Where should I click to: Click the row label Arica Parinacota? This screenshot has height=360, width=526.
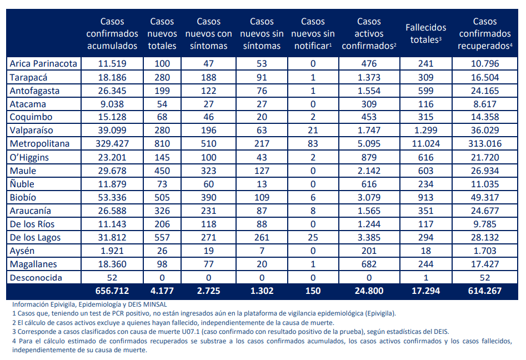[x=43, y=64]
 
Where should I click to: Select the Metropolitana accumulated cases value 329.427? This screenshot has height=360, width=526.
[x=112, y=144]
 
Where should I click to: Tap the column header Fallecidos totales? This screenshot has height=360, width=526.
[x=425, y=33]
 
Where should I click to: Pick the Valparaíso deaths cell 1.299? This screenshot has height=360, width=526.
[x=425, y=131]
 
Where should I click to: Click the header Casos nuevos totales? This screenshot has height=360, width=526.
[x=162, y=33]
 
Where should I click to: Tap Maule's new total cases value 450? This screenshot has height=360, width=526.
[x=162, y=171]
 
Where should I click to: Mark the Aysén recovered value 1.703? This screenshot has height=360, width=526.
[x=485, y=251]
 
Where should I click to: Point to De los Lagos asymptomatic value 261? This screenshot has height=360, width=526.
[x=262, y=237]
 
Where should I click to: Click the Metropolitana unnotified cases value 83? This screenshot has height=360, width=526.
[x=313, y=144]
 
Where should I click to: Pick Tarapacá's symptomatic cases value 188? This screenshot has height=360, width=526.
[x=208, y=77]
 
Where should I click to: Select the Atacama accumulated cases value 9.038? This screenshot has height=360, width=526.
[x=112, y=104]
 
